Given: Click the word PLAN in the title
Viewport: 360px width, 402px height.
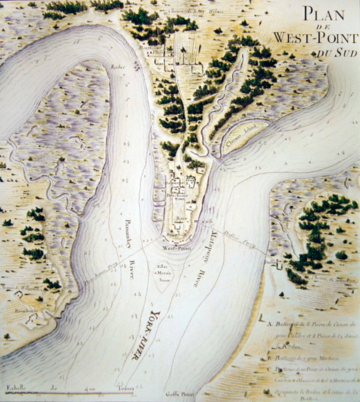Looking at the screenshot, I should coord(324,15).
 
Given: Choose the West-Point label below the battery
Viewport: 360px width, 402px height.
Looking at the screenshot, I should coord(176,248).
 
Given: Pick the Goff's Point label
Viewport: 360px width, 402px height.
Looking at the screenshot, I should coord(175,394).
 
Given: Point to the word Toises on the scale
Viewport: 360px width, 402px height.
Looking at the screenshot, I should coord(125,388).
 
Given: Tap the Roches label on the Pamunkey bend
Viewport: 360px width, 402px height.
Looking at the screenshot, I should coord(118,67).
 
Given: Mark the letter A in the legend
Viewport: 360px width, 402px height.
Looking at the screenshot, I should coord(270,324).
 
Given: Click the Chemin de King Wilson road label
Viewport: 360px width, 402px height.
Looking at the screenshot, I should coord(196,11).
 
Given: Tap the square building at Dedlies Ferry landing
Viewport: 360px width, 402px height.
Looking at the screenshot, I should coord(279,266).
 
